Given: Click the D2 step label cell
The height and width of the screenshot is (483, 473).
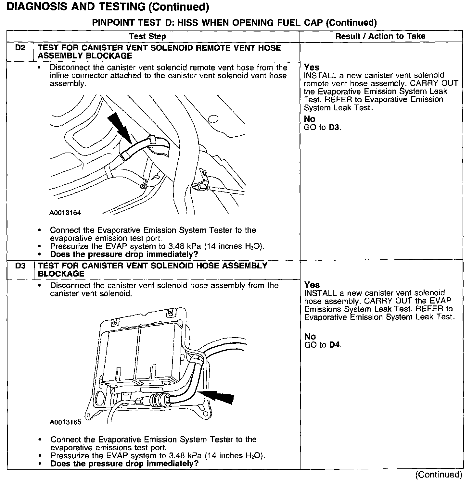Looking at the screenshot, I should pos(20,48).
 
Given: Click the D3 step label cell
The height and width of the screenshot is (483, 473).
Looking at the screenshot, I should pos(20,266).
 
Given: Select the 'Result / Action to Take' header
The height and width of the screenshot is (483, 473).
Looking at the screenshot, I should pos(380,36).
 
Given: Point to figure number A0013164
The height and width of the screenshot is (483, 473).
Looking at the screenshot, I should pos(65,213).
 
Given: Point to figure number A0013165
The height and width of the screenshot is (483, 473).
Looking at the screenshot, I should pos(65,422).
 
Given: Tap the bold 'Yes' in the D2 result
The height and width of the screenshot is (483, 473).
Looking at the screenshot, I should pos(312,67).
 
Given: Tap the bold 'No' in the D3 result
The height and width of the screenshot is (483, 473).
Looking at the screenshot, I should pos(310,337).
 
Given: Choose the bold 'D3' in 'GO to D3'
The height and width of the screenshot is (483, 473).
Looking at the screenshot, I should pos(334,127).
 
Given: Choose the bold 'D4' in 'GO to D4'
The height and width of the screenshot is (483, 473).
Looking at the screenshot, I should pos(335,345).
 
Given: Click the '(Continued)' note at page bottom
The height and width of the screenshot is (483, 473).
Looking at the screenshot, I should pos(439,475).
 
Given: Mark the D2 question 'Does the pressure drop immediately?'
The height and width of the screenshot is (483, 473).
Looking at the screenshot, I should pos(124,254).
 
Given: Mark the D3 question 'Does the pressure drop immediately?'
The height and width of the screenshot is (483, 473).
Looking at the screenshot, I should pos(124,464).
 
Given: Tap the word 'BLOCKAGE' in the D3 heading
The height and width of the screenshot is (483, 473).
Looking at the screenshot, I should pos(61,274).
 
